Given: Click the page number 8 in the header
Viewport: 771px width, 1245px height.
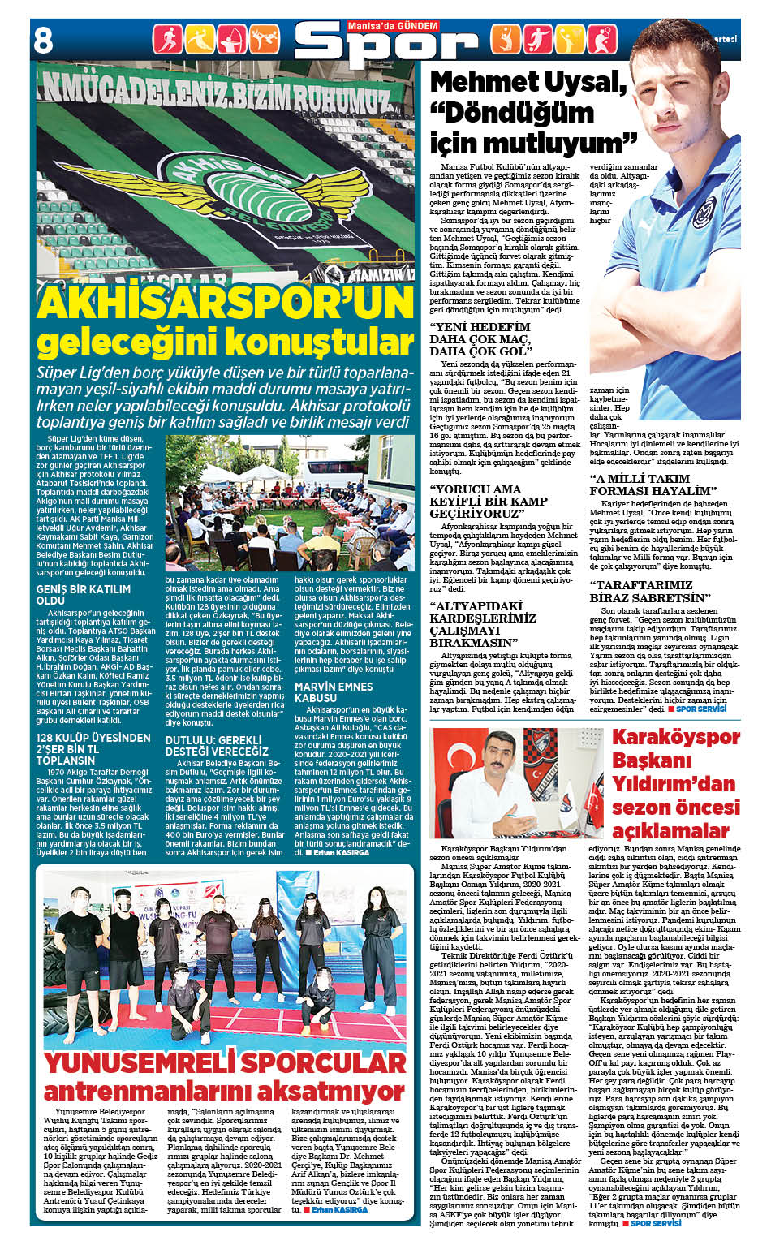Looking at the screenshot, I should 43,41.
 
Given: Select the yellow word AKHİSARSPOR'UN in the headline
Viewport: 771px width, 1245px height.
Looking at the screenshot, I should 226,304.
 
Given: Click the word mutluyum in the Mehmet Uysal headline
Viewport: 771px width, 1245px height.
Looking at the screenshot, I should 553,144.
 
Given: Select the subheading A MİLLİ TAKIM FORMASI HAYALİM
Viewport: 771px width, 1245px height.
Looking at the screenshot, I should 653,485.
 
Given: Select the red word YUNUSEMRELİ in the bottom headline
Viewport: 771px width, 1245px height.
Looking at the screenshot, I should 136,1062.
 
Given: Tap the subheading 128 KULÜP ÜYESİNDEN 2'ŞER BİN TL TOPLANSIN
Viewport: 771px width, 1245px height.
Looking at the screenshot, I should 93,749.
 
